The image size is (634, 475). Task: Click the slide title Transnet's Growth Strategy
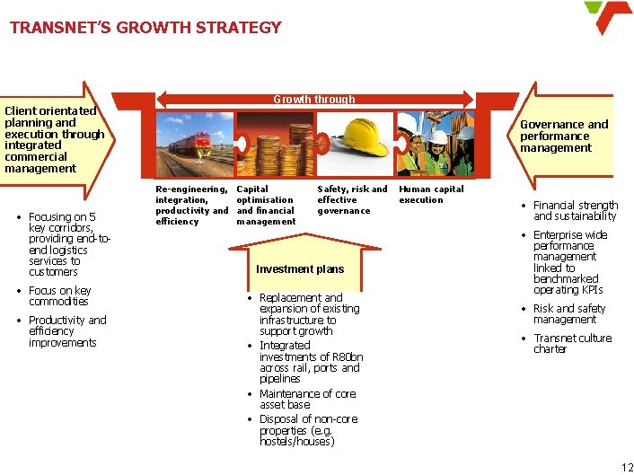pyautogui.click(x=145, y=27)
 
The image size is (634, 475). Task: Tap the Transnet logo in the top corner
pyautogui.click(x=608, y=18)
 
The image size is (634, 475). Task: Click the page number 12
pyautogui.click(x=627, y=466)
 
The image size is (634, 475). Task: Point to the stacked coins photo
pyautogui.click(x=274, y=144)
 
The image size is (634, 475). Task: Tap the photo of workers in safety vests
pyautogui.click(x=436, y=144)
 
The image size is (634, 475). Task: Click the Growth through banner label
pyautogui.click(x=314, y=100)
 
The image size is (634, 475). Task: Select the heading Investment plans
pyautogui.click(x=300, y=269)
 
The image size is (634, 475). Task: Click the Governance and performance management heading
pyautogui.click(x=564, y=136)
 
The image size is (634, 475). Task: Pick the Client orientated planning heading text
pyautogui.click(x=54, y=139)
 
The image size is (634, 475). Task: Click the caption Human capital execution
pyautogui.click(x=431, y=195)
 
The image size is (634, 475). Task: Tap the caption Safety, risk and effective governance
pyautogui.click(x=352, y=200)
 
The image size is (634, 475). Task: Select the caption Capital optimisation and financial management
pyautogui.click(x=266, y=206)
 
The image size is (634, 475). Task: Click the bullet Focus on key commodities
pyautogui.click(x=60, y=296)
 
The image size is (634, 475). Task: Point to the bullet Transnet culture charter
pyautogui.click(x=572, y=344)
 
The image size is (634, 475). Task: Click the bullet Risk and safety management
pyautogui.click(x=569, y=314)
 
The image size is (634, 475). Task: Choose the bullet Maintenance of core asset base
pyautogui.click(x=307, y=400)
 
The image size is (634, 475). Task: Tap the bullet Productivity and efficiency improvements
pyautogui.click(x=66, y=331)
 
